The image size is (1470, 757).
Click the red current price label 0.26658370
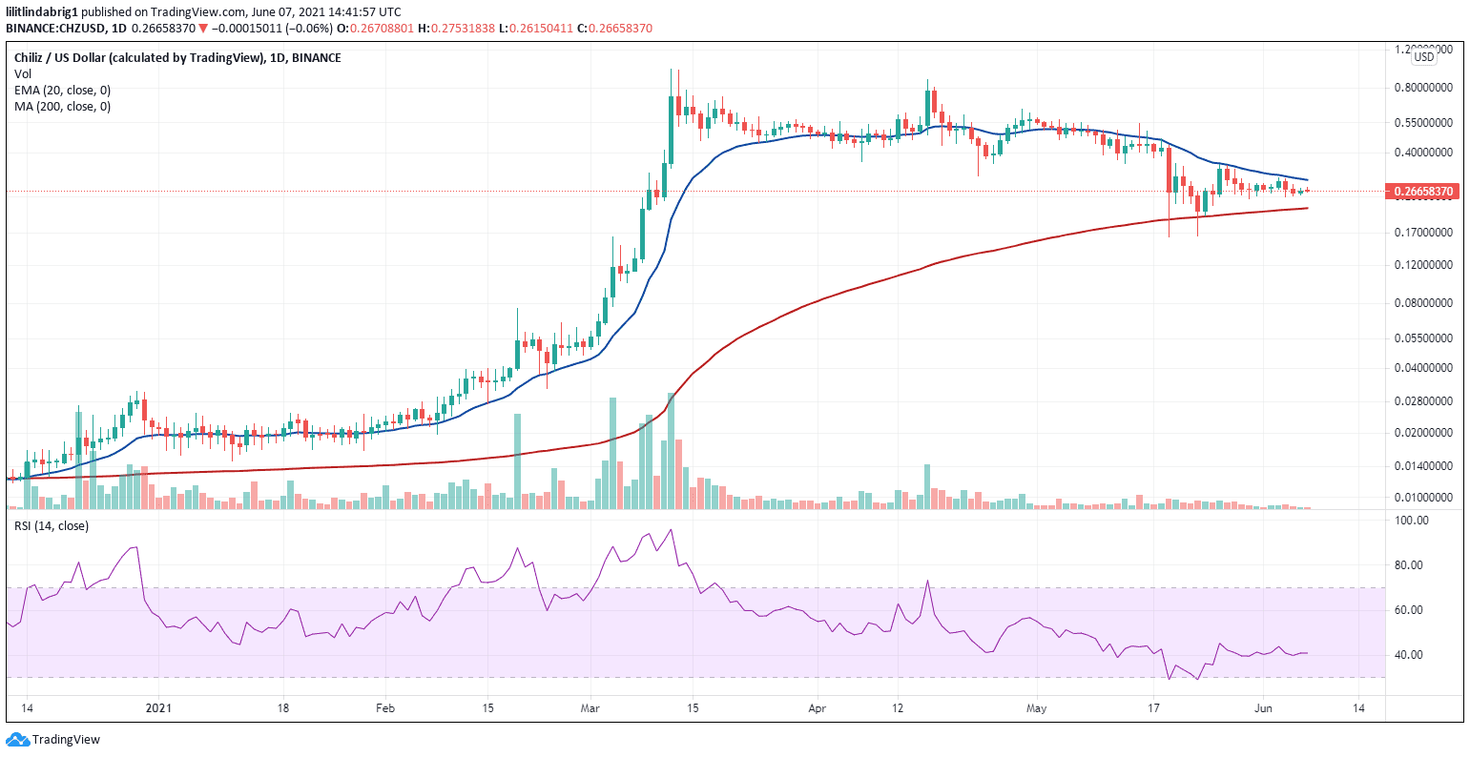[x=1423, y=192]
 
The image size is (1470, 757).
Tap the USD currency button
[x=1423, y=57]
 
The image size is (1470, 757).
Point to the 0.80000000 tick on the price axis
[x=1423, y=88]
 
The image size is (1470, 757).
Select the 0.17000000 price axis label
[x=1423, y=233]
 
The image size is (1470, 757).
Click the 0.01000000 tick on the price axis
[x=1423, y=498]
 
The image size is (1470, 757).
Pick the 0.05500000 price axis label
[x=1423, y=338]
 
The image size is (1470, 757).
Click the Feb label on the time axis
[x=384, y=708]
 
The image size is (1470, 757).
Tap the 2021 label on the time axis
[x=158, y=708]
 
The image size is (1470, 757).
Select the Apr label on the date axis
[x=817, y=708]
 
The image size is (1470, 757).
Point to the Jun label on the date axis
[x=1263, y=708]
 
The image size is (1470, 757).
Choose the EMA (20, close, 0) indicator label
[x=62, y=90]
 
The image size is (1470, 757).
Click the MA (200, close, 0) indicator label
[x=62, y=106]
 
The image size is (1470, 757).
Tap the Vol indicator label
[x=22, y=73]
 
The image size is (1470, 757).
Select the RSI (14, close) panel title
[x=51, y=525]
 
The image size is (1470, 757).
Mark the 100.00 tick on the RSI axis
[x=1412, y=521]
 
